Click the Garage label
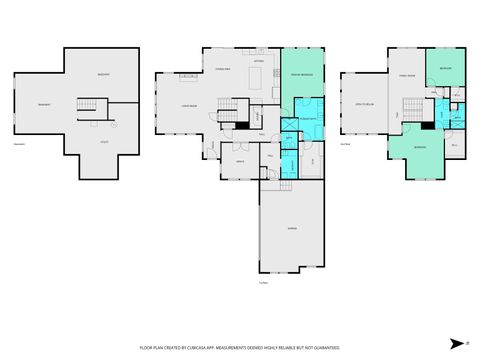point(292,228)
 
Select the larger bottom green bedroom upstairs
point(419,154)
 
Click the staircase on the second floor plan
point(412,108)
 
